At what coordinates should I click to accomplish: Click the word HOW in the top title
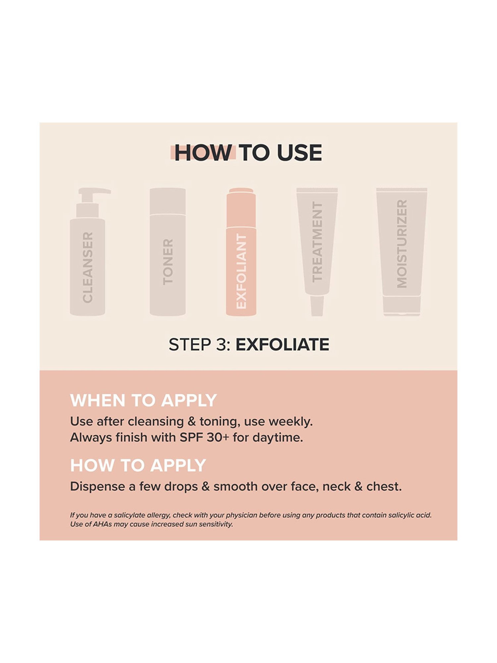point(203,153)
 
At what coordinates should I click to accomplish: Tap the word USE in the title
point(299,153)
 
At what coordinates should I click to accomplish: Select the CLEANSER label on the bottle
point(87,267)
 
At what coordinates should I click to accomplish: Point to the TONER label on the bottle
point(168,262)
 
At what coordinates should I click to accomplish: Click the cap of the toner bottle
point(168,201)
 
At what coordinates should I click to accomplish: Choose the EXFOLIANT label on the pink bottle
point(241,271)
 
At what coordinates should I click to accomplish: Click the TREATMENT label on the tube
point(317,242)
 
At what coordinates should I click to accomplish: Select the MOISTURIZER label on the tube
point(402,244)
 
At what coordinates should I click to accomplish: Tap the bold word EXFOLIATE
point(282,344)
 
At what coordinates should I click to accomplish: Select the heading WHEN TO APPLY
point(143,400)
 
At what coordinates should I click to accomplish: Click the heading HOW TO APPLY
point(138,465)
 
